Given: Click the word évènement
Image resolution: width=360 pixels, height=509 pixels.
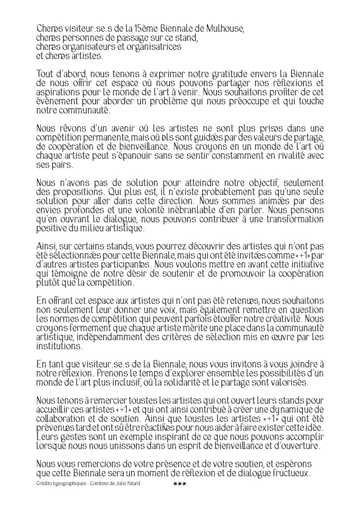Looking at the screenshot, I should (56, 101).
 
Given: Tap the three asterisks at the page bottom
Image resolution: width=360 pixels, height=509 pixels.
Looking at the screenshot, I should (179, 484).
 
